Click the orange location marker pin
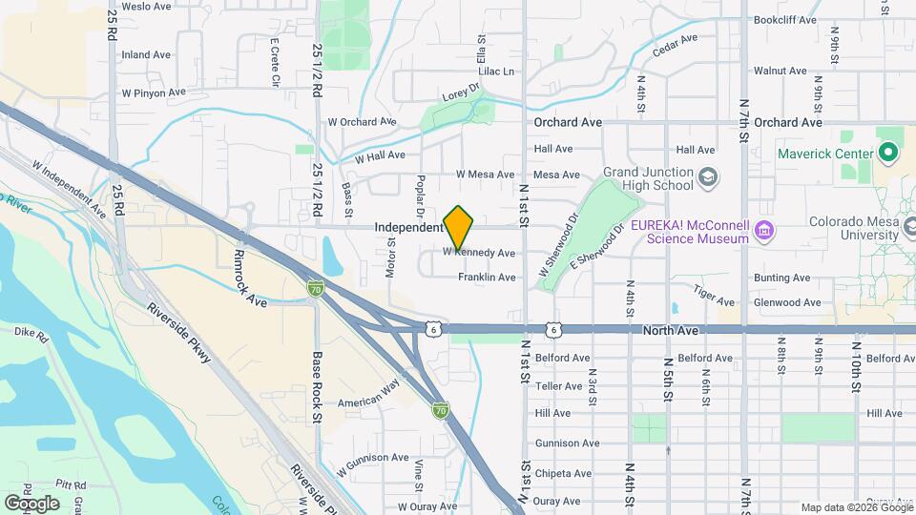pyautogui.click(x=459, y=227)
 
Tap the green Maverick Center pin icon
pyautogui.click(x=888, y=152)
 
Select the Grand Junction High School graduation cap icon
pyautogui.click(x=708, y=176)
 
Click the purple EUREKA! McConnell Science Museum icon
pyautogui.click(x=763, y=231)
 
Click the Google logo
pyautogui.click(x=31, y=503)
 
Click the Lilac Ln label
pyautogui.click(x=495, y=72)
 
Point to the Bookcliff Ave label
pyautogui.click(x=785, y=19)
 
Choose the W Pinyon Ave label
pyautogui.click(x=153, y=93)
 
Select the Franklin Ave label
pyautogui.click(x=487, y=278)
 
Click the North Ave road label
pyautogui.click(x=673, y=329)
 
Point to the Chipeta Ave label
pyautogui.click(x=563, y=473)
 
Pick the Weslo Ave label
pyautogui.click(x=146, y=6)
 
